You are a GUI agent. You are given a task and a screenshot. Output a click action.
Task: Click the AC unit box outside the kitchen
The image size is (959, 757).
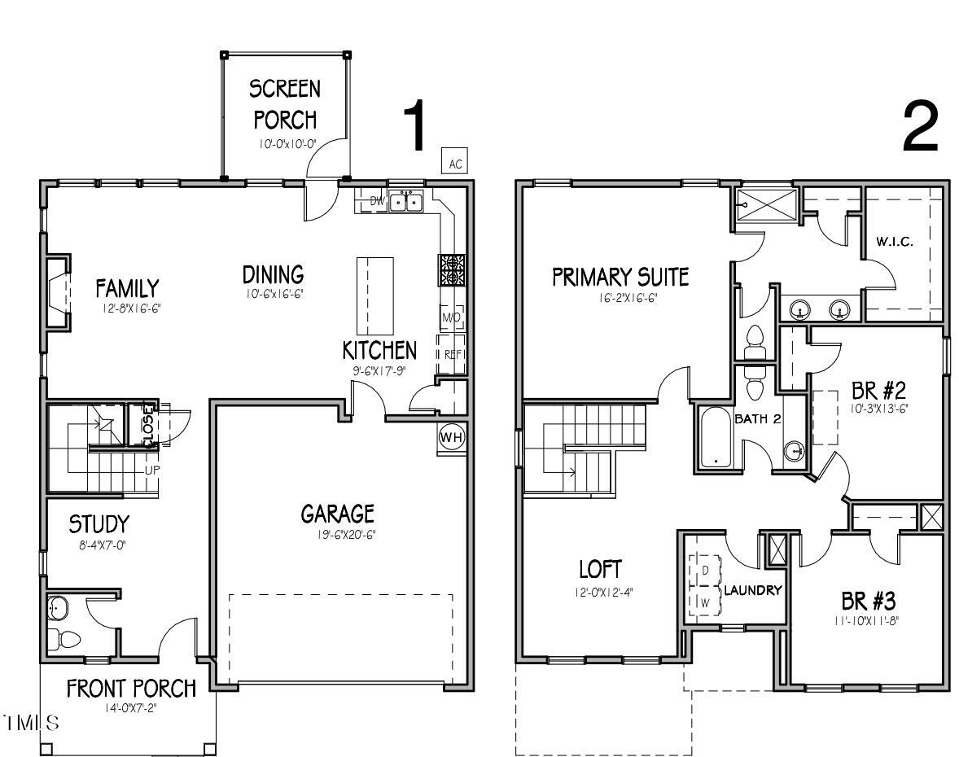click(455, 164)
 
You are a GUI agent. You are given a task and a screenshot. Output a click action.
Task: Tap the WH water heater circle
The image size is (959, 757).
click(450, 437)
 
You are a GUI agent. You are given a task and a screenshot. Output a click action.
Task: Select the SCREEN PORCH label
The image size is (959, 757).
click(284, 103)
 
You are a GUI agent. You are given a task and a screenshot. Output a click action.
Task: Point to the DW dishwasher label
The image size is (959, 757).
click(377, 200)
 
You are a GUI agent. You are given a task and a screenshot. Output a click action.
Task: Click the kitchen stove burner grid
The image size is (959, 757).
click(452, 269)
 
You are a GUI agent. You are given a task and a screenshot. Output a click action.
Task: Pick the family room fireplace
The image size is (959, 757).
click(58, 292)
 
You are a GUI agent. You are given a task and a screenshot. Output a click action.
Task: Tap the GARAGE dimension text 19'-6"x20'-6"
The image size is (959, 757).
click(338, 535)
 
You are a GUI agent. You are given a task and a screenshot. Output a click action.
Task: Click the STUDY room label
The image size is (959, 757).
click(99, 523)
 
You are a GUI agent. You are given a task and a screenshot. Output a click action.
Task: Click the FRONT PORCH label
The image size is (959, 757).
click(131, 689)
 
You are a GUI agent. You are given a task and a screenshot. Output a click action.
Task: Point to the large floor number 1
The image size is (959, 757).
click(414, 126)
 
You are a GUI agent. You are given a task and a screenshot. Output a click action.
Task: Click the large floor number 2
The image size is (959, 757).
click(921, 129)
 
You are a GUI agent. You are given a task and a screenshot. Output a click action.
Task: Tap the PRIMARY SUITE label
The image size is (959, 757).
click(620, 278)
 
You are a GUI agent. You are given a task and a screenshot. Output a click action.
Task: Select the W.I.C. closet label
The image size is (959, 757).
click(895, 242)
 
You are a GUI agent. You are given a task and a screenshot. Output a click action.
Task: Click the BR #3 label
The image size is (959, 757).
click(868, 602)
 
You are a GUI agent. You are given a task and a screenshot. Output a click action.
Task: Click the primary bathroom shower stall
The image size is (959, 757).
click(764, 205)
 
